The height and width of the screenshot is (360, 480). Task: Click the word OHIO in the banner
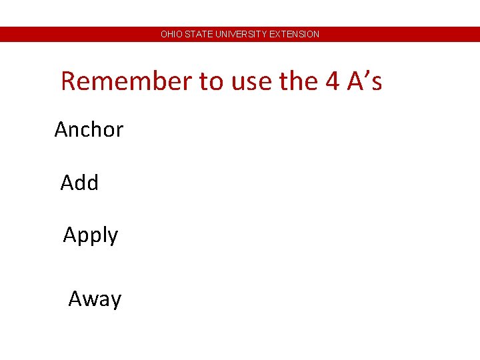[x=170, y=34]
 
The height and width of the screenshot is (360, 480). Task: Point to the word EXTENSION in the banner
[x=295, y=34]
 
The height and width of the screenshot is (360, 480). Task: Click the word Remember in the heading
[x=125, y=81]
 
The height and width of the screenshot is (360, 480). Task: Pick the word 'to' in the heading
[x=211, y=81]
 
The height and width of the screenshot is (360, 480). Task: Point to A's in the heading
[x=365, y=81]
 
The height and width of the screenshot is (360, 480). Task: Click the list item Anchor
[x=89, y=129]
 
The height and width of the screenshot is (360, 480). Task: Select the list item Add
[x=79, y=183]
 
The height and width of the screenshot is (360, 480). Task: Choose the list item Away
[x=95, y=299]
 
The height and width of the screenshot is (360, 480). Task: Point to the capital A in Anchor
[x=61, y=129]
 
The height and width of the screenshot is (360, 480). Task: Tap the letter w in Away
[x=89, y=300]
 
